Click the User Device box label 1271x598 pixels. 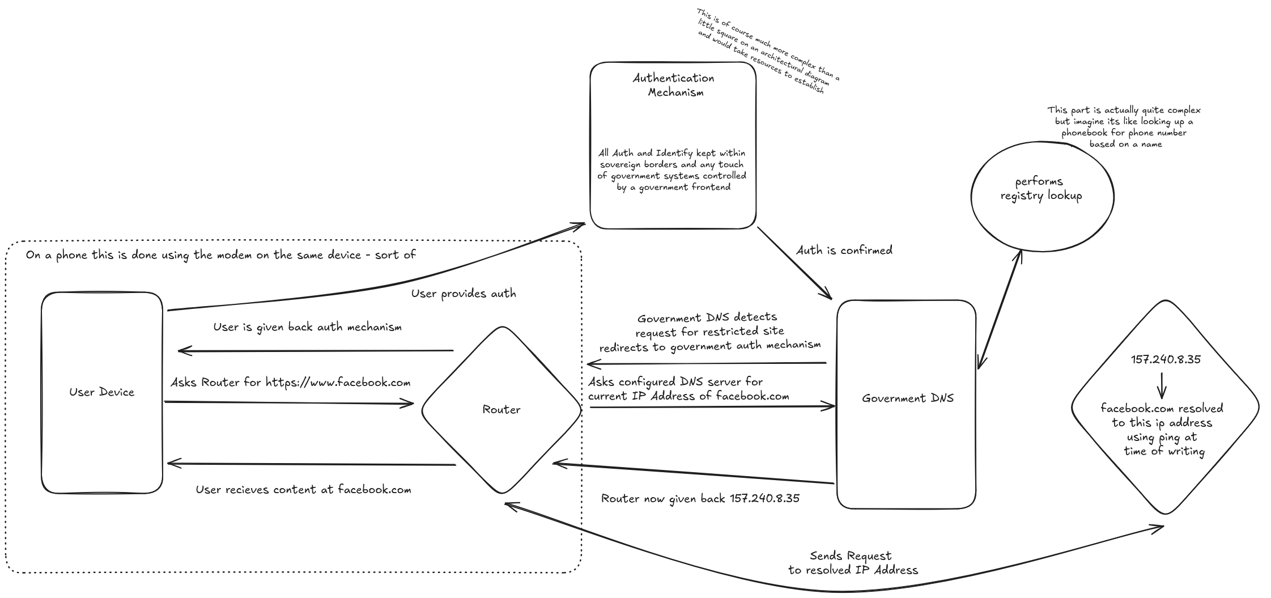tap(102, 392)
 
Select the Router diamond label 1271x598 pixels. tap(501, 409)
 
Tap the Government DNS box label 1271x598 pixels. tap(908, 398)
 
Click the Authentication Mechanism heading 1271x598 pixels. tap(674, 85)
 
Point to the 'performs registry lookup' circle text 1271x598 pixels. tap(1042, 189)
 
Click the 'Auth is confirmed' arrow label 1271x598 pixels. tap(844, 250)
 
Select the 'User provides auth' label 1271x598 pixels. tap(464, 294)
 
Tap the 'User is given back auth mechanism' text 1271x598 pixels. tap(308, 327)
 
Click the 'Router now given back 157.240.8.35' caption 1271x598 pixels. tap(700, 499)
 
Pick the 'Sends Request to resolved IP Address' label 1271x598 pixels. tap(853, 563)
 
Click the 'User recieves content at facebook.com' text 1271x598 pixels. tap(304, 490)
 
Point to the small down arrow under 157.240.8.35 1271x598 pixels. tap(1162, 385)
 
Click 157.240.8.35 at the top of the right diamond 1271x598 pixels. tap(1166, 359)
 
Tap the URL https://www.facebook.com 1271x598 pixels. tap(338, 383)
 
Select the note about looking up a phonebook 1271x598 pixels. tap(1124, 127)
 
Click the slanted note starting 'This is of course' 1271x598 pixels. tap(768, 51)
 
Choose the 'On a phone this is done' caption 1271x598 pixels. tap(221, 255)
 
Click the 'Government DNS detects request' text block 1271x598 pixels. tap(710, 332)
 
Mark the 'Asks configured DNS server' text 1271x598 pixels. tap(688, 389)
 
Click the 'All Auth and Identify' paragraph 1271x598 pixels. tap(672, 170)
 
